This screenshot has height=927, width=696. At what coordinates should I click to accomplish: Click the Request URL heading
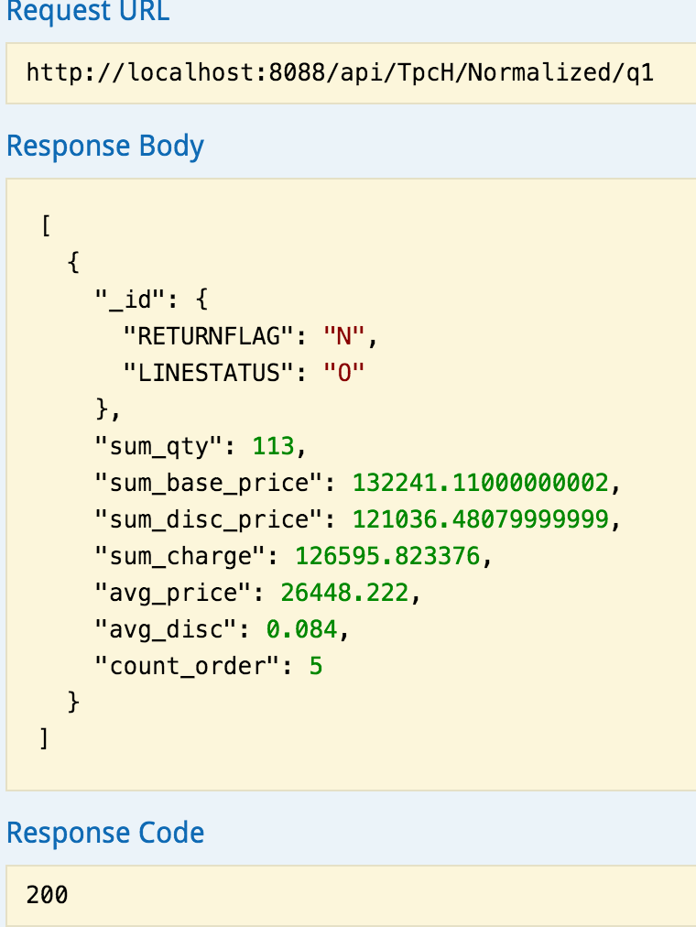click(88, 13)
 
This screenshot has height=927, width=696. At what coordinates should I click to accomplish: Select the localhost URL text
click(340, 71)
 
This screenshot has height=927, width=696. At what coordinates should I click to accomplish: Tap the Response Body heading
click(105, 147)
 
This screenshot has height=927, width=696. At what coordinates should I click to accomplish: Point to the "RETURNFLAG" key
click(215, 336)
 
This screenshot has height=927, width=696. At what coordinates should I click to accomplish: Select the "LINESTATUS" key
click(215, 373)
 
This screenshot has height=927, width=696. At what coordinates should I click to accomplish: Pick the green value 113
click(274, 446)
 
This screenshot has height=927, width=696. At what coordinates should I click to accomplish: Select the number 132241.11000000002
click(480, 483)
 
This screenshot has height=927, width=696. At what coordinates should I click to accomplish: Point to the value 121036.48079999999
click(480, 519)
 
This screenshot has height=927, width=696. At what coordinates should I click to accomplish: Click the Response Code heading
click(105, 833)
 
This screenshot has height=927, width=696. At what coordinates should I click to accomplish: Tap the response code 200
click(48, 894)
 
